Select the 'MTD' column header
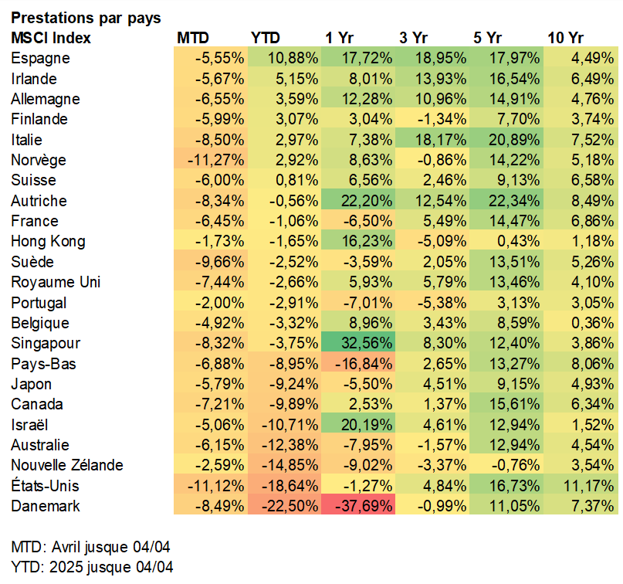click(x=193, y=38)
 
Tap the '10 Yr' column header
click(x=566, y=38)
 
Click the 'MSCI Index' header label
click(x=51, y=38)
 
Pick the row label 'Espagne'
click(x=41, y=58)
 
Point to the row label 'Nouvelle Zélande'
click(x=67, y=465)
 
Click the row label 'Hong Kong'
click(x=49, y=241)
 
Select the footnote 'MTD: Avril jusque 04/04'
click(x=90, y=547)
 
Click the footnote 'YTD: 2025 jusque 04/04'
click(x=92, y=567)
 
